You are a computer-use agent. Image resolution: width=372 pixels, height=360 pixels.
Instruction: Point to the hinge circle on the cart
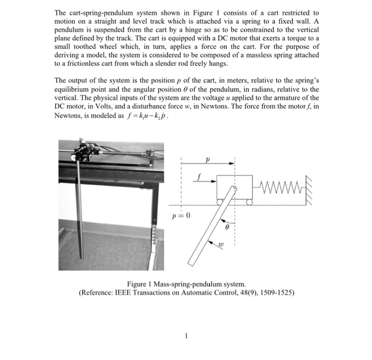(234, 188)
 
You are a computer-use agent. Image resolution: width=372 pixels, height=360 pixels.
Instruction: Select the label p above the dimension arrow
(208, 158)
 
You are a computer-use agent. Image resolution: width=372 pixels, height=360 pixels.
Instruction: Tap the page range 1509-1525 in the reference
(276, 293)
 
